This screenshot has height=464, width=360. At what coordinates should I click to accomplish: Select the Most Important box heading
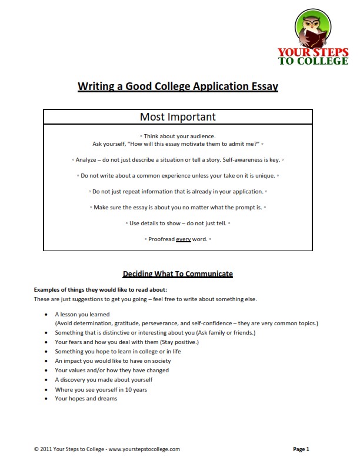click(177, 117)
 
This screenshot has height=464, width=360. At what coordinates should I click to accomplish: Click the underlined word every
click(184, 239)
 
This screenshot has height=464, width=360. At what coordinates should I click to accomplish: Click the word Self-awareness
click(246, 159)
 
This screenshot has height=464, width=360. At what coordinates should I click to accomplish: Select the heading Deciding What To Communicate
click(178, 273)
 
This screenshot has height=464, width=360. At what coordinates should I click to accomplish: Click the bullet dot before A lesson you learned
click(46, 315)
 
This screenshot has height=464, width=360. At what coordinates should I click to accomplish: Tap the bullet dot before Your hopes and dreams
click(46, 399)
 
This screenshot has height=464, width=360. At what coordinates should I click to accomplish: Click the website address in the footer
click(144, 449)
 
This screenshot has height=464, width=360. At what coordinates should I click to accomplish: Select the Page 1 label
click(301, 449)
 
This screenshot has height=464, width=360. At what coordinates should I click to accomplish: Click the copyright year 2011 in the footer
click(46, 449)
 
